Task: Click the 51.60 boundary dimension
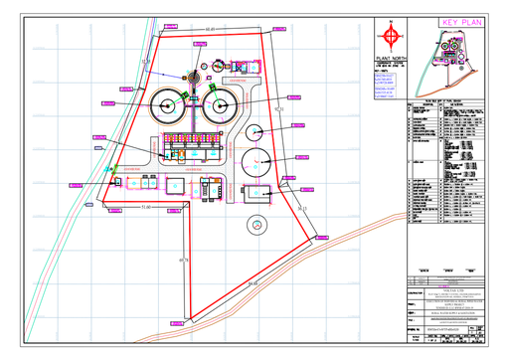click(x=146, y=207)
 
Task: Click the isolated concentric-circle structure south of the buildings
click(x=255, y=225)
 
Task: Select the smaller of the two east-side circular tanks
click(x=254, y=130)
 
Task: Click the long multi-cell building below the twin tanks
click(x=194, y=152)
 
